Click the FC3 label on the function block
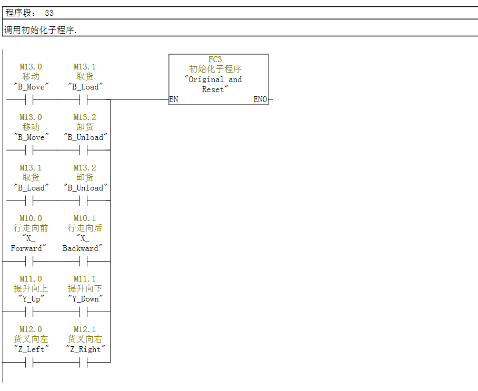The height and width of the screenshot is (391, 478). (x=215, y=59)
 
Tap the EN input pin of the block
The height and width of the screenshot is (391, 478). (x=174, y=99)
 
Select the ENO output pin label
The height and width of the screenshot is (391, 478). (x=260, y=99)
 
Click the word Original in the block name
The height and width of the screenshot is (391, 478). (x=207, y=79)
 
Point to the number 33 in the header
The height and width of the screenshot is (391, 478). (x=49, y=13)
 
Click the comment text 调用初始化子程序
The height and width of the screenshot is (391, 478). (x=41, y=30)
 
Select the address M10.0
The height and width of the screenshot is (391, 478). (x=31, y=218)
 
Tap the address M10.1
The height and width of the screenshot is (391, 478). (x=84, y=218)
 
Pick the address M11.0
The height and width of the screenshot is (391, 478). (x=31, y=279)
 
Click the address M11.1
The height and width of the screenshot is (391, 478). (x=84, y=279)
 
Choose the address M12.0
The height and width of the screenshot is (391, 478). (x=31, y=329)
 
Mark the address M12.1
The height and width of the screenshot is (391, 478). (x=84, y=329)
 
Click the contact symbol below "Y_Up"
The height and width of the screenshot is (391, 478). (x=29, y=312)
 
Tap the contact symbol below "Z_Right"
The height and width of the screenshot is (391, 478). (x=84, y=362)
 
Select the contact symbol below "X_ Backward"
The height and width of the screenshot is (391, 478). (x=84, y=261)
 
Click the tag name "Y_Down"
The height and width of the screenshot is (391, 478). (x=84, y=299)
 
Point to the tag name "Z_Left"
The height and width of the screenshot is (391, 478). (x=31, y=349)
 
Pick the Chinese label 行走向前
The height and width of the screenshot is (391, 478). (x=31, y=228)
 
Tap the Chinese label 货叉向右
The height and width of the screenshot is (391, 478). (x=84, y=339)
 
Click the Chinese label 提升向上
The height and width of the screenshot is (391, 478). (x=31, y=289)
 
